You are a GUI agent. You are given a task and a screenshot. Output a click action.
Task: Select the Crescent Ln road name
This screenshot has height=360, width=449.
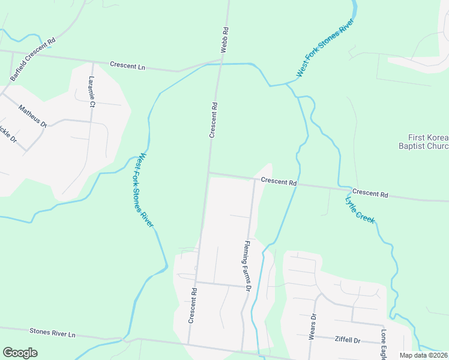click(127, 66)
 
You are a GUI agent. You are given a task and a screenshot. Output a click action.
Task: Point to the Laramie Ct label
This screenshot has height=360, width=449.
click(92, 91)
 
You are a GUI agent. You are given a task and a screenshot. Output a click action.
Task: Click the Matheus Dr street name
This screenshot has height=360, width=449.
click(32, 116)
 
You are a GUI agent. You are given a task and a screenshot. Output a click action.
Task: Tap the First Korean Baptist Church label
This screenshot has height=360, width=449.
click(424, 142)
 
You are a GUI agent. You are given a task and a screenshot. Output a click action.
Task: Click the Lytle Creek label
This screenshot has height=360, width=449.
click(360, 210)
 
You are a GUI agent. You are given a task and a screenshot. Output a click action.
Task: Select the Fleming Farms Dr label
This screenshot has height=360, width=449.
click(247, 265)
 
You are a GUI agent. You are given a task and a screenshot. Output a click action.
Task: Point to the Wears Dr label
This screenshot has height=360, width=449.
click(312, 326)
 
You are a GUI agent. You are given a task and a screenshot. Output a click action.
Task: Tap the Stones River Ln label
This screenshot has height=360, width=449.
click(53, 332)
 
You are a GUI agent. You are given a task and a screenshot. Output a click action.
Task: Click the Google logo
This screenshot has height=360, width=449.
click(20, 353)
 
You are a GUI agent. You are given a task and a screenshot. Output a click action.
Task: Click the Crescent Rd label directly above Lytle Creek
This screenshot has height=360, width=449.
click(370, 194)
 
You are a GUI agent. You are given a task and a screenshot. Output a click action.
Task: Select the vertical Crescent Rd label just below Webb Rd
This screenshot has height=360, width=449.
click(213, 120)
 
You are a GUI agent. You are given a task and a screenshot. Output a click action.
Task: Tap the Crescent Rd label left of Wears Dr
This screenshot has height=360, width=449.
click(193, 305)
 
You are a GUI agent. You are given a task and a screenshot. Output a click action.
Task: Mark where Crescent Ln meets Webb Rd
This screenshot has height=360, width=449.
click(221, 61)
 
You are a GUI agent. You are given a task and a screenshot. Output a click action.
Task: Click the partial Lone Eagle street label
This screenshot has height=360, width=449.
click(383, 343)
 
